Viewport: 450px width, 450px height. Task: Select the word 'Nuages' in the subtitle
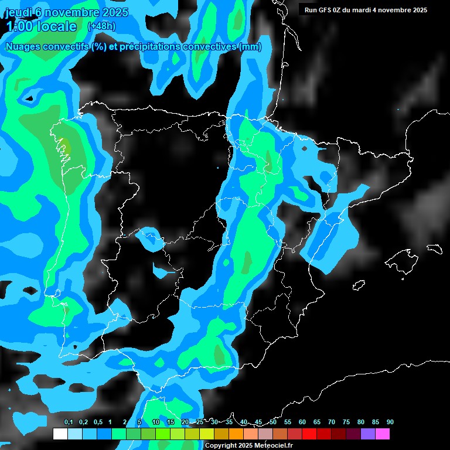(23, 47)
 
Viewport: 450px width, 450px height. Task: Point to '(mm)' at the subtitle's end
(250, 47)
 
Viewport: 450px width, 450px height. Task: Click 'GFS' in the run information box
(326, 10)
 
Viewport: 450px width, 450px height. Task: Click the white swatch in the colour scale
(60, 434)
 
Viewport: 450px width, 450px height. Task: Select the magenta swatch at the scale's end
(382, 434)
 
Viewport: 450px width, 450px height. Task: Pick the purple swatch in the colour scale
(367, 434)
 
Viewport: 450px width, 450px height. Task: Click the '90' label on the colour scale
(390, 422)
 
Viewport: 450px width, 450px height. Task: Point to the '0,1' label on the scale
(69, 422)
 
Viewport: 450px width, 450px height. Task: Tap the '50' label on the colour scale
(273, 422)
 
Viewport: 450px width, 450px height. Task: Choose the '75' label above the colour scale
(346, 422)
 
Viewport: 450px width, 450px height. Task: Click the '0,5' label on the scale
(98, 422)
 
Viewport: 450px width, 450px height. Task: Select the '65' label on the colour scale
(317, 422)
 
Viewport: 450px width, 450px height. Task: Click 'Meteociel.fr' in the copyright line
(273, 445)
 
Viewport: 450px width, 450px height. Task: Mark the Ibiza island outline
(359, 285)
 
